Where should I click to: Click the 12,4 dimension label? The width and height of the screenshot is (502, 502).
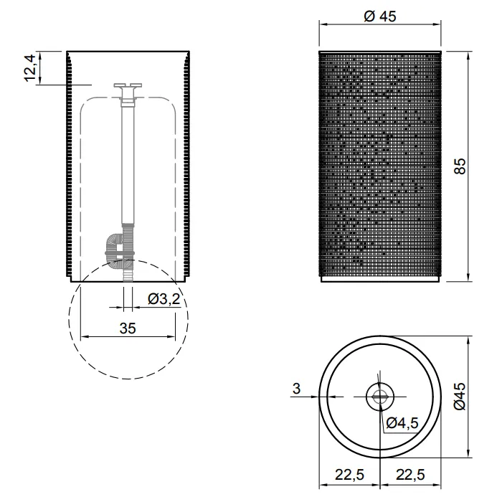point(30,68)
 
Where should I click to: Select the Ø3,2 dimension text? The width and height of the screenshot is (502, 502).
point(164,299)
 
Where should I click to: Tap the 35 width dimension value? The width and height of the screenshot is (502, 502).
point(128,328)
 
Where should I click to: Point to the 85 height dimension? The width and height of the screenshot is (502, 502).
point(460,166)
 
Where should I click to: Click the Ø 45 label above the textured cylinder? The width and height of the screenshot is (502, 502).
point(380,16)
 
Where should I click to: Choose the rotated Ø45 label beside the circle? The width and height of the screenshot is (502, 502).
point(460,396)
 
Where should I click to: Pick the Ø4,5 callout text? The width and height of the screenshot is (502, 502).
point(402,423)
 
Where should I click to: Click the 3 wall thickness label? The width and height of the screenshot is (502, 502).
point(296,389)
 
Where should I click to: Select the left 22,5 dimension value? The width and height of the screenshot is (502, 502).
point(349,475)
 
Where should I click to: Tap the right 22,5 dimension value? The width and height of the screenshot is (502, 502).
point(410,475)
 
